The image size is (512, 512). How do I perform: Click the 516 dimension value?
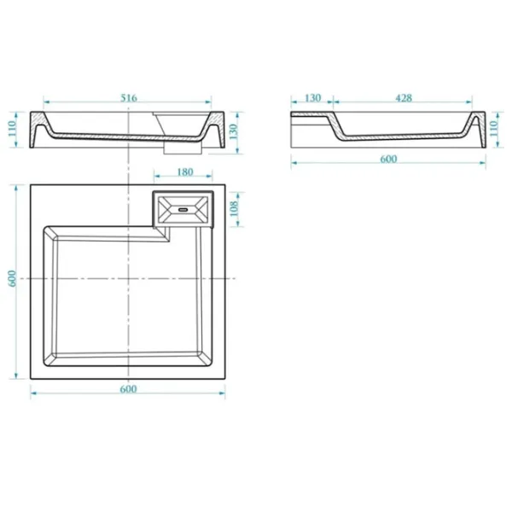pos(129,97)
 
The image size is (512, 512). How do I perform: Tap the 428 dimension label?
pos(404,97)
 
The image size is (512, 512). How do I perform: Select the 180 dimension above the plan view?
pos(185,172)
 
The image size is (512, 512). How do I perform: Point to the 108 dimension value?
pos(234,209)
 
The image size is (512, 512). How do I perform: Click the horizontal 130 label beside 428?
pos(313,97)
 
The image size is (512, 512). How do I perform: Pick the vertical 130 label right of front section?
pos(234,131)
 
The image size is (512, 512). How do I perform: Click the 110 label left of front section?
pos(12,129)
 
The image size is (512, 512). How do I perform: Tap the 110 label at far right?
pos(493,129)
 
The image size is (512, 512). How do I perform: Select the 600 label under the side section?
pos(388,159)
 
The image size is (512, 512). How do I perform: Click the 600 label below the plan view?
pos(128,389)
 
